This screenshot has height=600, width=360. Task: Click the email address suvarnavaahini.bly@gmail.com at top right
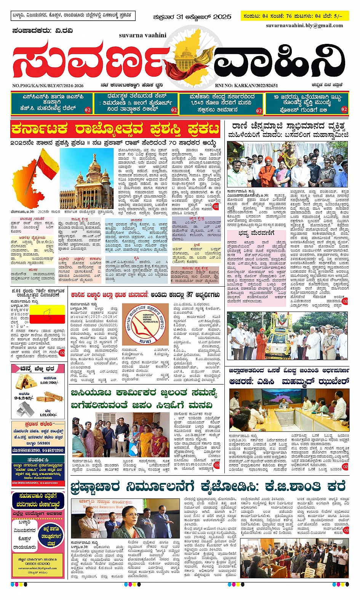pos(304,26)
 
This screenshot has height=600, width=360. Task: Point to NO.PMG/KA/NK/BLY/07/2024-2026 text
pos(48,86)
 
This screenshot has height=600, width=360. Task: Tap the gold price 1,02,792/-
pos(49,382)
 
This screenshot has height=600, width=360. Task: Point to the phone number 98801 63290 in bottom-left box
pos(37,563)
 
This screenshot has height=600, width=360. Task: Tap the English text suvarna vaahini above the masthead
pos(142,35)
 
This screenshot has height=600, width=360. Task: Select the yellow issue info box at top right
pos(295,16)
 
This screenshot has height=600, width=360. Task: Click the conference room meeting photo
pos(289,410)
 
